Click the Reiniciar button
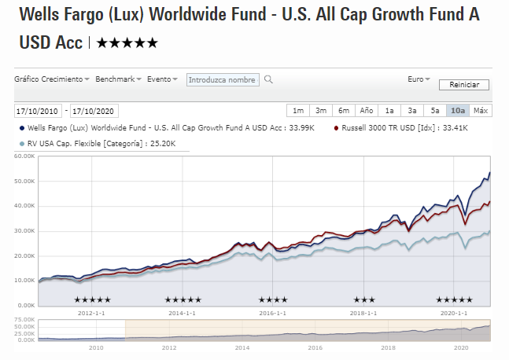click(x=464, y=85)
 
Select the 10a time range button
click(x=457, y=110)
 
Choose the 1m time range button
click(x=298, y=110)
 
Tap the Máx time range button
click(x=481, y=110)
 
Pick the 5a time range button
click(x=435, y=110)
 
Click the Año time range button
click(x=367, y=110)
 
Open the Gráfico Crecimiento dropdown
click(x=52, y=79)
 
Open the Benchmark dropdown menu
click(x=118, y=79)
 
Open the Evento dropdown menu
click(x=163, y=79)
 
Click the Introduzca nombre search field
click(x=223, y=79)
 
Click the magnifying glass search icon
click(x=268, y=79)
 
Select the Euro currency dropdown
click(x=419, y=79)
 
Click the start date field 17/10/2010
click(x=39, y=111)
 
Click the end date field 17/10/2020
click(x=94, y=111)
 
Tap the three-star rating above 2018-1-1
click(x=364, y=299)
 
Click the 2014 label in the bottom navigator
click(x=242, y=347)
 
